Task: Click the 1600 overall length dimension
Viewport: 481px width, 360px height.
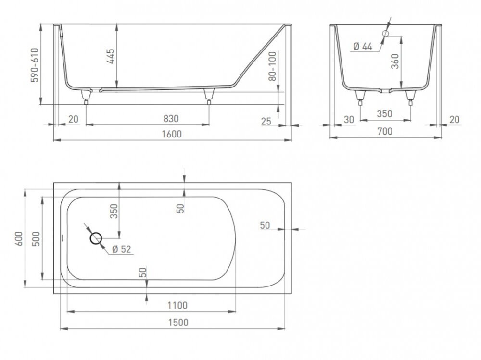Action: pyautogui.click(x=172, y=134)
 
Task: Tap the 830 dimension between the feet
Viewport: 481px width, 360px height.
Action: pyautogui.click(x=171, y=118)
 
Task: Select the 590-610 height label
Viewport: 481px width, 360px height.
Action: pyautogui.click(x=35, y=65)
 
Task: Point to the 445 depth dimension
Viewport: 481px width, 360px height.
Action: pyautogui.click(x=111, y=56)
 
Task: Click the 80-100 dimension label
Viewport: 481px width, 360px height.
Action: pyautogui.click(x=272, y=66)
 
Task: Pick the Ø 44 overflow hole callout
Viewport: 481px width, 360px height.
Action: pyautogui.click(x=363, y=46)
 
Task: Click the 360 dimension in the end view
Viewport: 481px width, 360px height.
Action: pyautogui.click(x=395, y=62)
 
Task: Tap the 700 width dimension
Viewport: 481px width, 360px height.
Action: pyautogui.click(x=385, y=131)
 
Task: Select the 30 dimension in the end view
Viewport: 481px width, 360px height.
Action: pyautogui.click(x=349, y=119)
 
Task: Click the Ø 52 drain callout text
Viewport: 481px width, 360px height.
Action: pyautogui.click(x=122, y=249)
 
